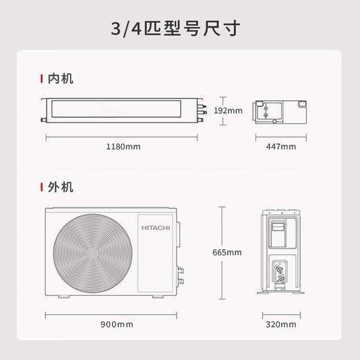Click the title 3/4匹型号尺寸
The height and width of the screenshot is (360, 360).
pos(180,30)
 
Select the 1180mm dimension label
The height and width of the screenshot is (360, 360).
pos(124,146)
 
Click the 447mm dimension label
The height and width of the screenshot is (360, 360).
pos(281,146)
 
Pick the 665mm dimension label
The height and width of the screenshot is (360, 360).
pos(228,251)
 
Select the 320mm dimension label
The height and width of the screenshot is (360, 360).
pos(281,324)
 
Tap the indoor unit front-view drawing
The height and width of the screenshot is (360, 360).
pos(124,109)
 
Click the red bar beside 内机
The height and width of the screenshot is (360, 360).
pos(44,79)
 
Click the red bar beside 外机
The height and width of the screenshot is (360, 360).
pos(44,187)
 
